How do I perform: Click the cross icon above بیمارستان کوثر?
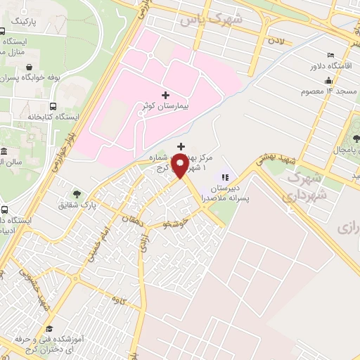[x=165, y=94]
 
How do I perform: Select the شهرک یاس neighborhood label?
[x=211, y=18]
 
